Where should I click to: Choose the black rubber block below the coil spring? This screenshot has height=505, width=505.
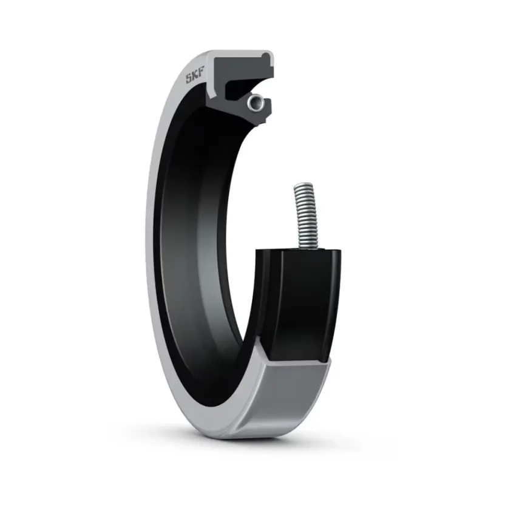click(x=300, y=303)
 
